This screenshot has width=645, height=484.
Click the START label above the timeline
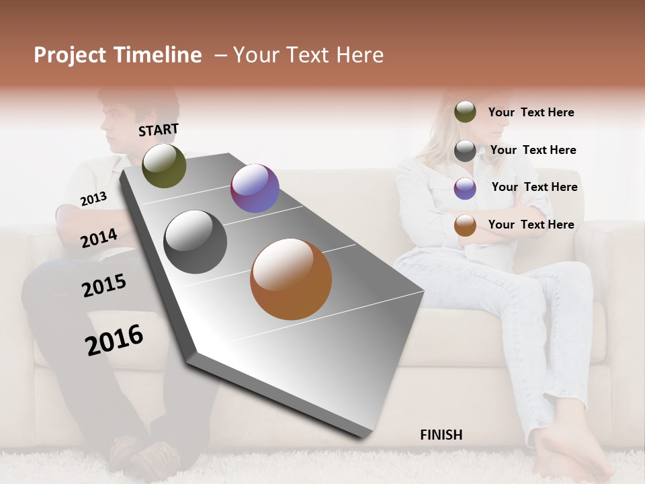pos(159,130)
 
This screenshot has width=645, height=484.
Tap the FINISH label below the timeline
pos(441,435)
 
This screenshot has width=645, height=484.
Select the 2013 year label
pos(93,198)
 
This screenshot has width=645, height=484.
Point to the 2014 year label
pos(99,238)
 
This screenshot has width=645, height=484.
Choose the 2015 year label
pos(103,286)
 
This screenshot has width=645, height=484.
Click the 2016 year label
pos(114,340)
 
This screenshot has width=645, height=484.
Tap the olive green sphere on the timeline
pos(164,165)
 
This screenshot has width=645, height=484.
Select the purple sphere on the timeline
pos(255,188)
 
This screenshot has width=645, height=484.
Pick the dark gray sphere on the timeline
pos(196,242)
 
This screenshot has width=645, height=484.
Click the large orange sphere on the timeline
pos(291,279)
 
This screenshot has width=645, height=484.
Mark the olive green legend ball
pos(465,112)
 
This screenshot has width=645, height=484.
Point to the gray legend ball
pos(465,151)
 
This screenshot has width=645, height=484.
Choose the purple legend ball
pos(465,188)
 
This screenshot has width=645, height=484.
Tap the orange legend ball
pos(465,225)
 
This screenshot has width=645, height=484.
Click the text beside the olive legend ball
pos(531,112)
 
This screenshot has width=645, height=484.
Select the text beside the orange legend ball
pos(531,225)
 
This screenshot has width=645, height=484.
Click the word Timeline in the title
pos(158,55)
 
